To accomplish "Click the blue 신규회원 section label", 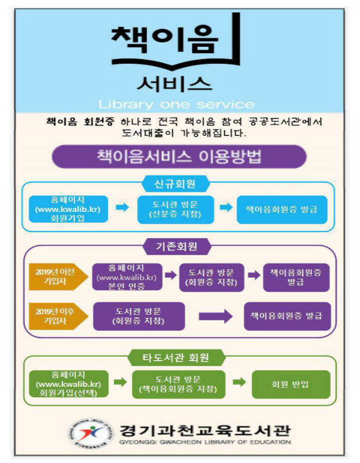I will (x=175, y=183).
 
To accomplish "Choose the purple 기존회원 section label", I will (x=176, y=247).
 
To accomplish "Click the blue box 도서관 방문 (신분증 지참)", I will (x=175, y=209).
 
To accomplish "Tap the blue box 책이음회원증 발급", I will (x=282, y=209).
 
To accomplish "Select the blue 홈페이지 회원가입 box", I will (x=68, y=209).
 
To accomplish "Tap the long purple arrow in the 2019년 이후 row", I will (x=215, y=316).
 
